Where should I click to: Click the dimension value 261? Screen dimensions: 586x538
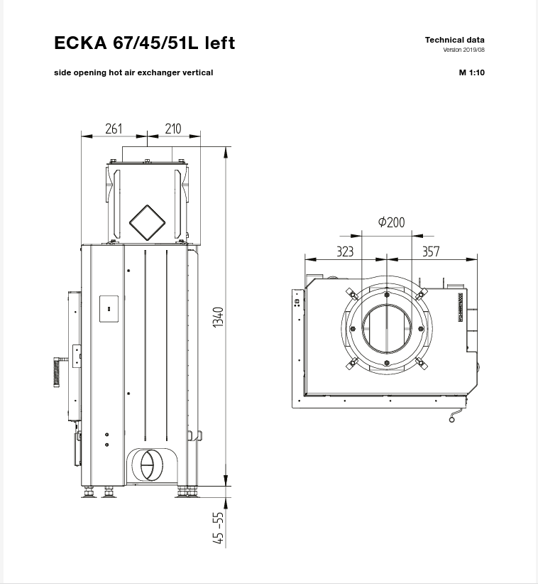pyautogui.click(x=114, y=129)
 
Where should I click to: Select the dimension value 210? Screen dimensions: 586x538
pyautogui.click(x=172, y=129)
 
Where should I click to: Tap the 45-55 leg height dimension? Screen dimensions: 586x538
pyautogui.click(x=219, y=528)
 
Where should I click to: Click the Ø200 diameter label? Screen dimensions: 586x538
pyautogui.click(x=391, y=222)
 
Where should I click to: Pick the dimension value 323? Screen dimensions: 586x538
pyautogui.click(x=344, y=251)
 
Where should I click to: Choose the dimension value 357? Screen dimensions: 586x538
pyautogui.click(x=431, y=251)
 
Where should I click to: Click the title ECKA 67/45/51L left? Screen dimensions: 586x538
pyautogui.click(x=144, y=43)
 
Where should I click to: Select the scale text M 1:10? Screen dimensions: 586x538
pyautogui.click(x=471, y=72)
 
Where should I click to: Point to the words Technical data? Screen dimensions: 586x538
pyautogui.click(x=454, y=40)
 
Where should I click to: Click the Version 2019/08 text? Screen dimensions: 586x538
pyautogui.click(x=463, y=50)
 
